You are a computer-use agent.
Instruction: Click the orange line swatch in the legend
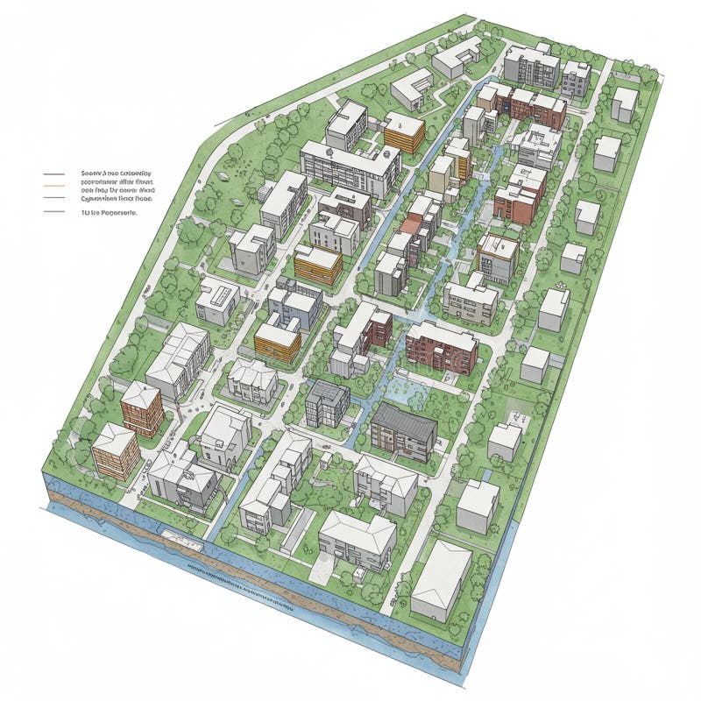[53, 187]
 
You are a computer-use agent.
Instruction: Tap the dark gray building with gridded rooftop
[327, 403]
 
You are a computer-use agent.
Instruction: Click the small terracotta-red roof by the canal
[410, 225]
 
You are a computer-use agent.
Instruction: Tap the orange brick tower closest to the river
[116, 450]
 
